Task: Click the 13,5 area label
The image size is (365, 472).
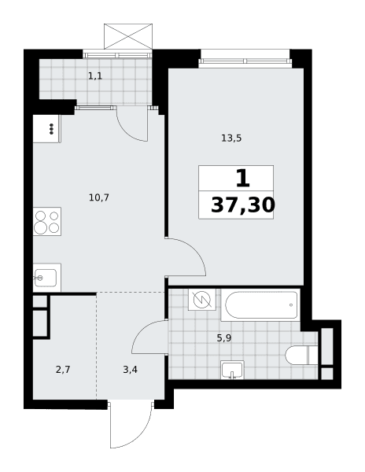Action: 231,138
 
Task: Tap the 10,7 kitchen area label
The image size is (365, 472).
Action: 99,197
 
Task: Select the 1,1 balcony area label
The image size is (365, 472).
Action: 95,76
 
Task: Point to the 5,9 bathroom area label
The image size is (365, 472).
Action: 224,338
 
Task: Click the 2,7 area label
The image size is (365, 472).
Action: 63,370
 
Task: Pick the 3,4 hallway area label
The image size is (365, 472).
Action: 131,370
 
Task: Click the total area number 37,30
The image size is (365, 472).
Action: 243,205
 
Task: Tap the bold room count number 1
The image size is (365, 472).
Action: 243,178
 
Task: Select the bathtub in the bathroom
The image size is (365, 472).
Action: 260,305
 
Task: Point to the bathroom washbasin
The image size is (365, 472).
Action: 232,370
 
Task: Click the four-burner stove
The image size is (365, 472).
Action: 47,222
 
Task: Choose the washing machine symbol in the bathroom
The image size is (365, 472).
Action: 202,300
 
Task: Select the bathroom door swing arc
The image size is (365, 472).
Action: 142,330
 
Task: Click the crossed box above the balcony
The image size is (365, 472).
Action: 128,36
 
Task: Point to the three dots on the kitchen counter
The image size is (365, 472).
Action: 52,129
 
